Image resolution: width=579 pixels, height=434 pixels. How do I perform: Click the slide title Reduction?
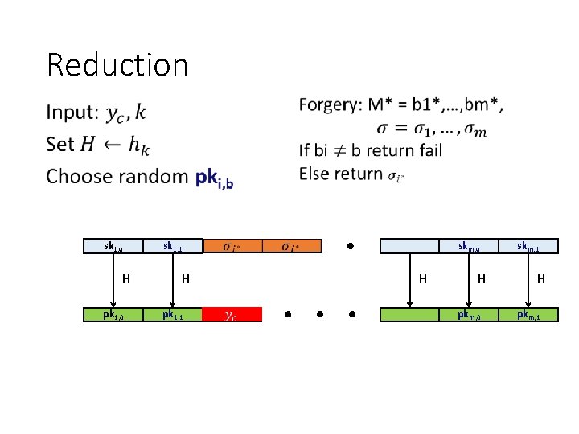[x=117, y=64]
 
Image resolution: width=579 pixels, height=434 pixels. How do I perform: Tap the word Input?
[x=72, y=113]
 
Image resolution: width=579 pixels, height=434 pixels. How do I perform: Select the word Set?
[x=60, y=145]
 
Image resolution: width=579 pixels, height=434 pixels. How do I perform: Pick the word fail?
[x=425, y=149]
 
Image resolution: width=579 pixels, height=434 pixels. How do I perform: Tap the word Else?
[x=313, y=173]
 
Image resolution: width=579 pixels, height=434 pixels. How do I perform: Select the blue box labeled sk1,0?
[x=113, y=246]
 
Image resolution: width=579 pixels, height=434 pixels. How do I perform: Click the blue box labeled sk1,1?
[x=173, y=246]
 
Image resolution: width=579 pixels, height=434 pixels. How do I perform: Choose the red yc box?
[x=232, y=314]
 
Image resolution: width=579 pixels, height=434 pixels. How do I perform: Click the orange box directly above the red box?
[x=232, y=246]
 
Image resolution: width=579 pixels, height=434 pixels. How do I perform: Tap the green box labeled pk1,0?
[x=113, y=314]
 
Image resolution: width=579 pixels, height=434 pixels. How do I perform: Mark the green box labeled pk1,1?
[x=173, y=314]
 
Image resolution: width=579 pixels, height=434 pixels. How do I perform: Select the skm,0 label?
[x=469, y=246]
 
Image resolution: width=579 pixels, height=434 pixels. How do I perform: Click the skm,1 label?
[x=528, y=246]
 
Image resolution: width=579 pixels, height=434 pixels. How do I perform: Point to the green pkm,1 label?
[x=528, y=314]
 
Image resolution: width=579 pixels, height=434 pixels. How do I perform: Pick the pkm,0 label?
[x=469, y=314]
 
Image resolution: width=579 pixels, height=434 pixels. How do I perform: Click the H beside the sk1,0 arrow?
[x=125, y=280]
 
